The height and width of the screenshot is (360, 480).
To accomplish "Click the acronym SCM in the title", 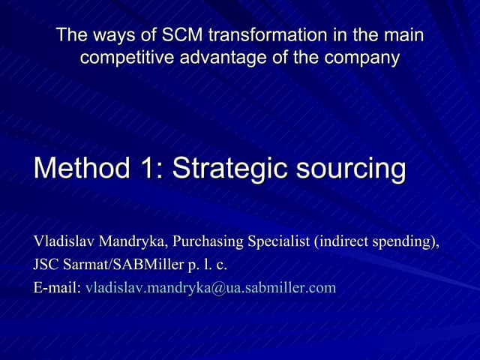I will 182,35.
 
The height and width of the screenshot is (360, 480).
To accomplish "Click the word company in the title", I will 365,58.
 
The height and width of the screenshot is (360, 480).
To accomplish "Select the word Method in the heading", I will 80,168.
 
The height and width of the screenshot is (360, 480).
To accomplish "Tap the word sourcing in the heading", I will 352,168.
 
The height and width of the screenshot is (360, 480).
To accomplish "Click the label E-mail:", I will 57,287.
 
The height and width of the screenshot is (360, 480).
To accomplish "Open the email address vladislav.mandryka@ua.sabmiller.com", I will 211,287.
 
